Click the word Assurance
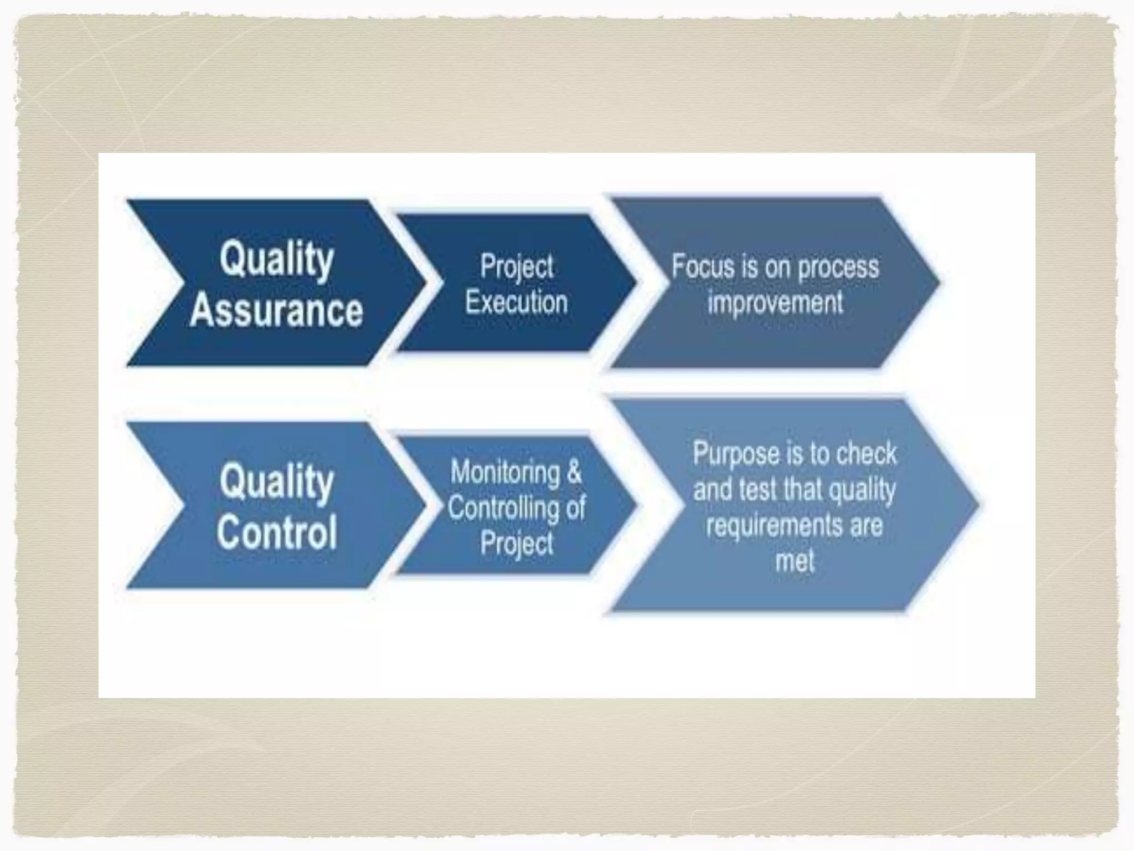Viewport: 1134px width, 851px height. [276, 311]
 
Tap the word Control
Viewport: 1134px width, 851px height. [277, 532]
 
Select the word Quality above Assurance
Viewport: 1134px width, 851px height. [277, 259]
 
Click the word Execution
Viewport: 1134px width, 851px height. [517, 303]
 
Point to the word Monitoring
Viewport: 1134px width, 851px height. [505, 473]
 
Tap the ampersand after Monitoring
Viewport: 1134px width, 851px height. [574, 473]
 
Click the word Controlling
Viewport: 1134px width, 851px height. [503, 507]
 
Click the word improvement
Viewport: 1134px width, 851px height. [775, 303]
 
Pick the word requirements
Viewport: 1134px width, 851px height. [774, 525]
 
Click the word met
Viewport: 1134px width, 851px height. [795, 561]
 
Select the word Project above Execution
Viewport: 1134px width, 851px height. [517, 266]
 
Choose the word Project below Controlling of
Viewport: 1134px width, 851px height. [517, 543]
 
